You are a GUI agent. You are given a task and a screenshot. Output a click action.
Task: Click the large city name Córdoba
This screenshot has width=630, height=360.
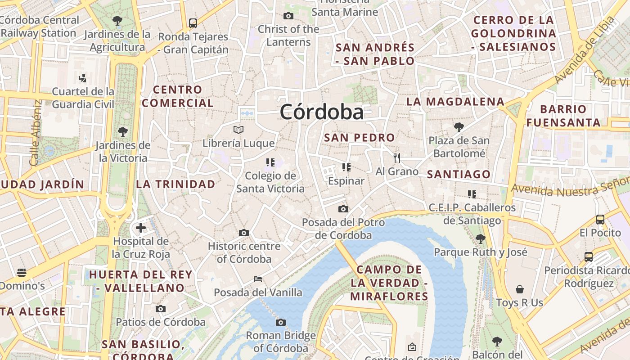[x=321, y=112]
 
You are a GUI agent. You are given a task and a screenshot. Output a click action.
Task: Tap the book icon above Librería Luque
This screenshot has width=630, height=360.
[x=238, y=130]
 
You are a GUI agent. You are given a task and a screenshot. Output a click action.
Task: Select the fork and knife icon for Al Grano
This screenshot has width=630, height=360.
[x=396, y=157]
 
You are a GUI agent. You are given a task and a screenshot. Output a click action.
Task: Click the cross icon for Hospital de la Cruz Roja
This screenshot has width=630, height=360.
[x=141, y=228]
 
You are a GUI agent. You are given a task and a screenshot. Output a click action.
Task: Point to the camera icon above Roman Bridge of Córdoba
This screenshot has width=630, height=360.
[x=281, y=322]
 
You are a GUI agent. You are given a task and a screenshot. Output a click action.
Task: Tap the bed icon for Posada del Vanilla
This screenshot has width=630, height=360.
[x=258, y=279]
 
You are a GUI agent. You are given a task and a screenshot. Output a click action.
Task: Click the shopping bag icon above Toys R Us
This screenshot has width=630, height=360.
[x=520, y=289]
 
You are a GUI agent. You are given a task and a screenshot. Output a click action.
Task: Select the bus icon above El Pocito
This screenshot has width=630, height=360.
[x=600, y=220]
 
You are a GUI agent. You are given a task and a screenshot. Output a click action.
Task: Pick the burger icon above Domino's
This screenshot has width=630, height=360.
[x=22, y=272]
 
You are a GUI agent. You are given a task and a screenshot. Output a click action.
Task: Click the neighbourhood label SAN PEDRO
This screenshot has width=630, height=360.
[x=359, y=138]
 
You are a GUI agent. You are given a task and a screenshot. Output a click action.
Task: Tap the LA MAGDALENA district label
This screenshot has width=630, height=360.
[x=455, y=102]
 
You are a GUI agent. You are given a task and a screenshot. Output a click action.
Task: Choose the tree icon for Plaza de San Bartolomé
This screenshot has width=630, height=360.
[x=459, y=127]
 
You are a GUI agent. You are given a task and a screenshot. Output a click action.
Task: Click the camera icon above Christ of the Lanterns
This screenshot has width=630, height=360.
[x=288, y=16]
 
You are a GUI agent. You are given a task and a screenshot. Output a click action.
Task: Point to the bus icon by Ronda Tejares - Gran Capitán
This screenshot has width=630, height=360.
[x=193, y=23]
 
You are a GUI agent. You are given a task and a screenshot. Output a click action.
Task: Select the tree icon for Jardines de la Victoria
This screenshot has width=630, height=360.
[x=122, y=132]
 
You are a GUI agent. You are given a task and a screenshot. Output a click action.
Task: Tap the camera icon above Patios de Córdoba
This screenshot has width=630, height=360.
[x=161, y=309]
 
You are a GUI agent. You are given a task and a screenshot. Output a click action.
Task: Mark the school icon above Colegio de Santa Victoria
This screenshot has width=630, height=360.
[x=270, y=162]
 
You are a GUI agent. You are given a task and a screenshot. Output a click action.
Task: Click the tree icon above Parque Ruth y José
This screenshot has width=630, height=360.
[x=480, y=238]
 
